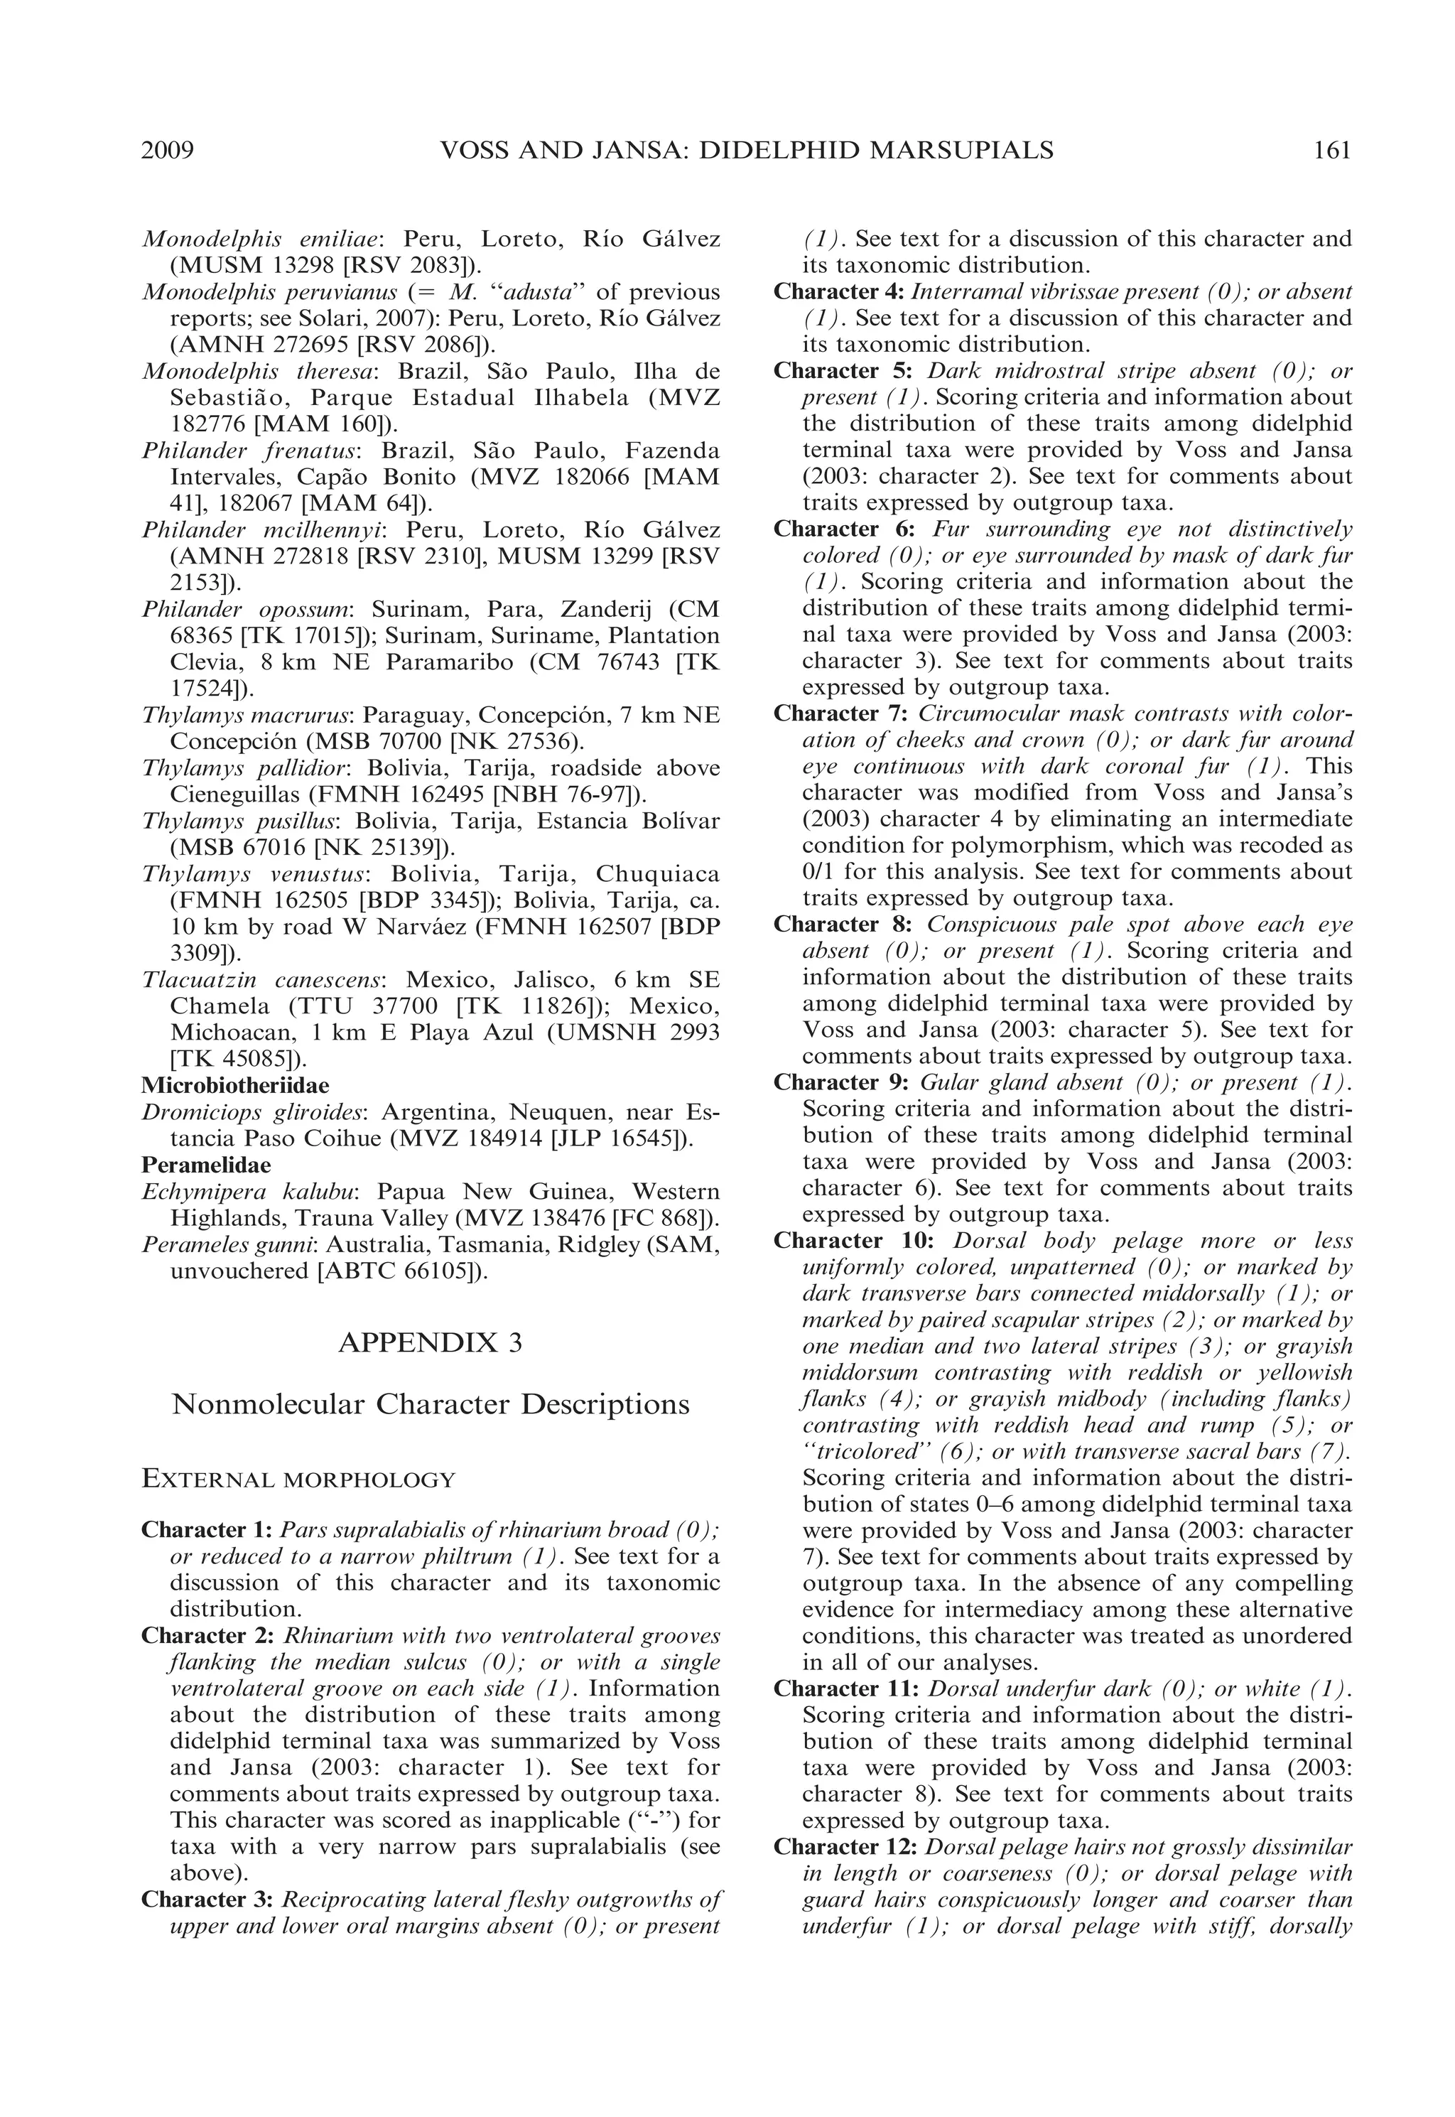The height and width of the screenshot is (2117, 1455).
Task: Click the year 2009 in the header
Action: pos(168,151)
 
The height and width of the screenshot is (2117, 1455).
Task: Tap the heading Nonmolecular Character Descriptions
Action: pos(431,1404)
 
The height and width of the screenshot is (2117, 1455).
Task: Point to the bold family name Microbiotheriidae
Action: pos(235,1086)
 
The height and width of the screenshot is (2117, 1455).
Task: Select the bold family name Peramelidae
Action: pos(206,1165)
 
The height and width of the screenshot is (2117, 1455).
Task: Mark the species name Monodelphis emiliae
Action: pos(261,239)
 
